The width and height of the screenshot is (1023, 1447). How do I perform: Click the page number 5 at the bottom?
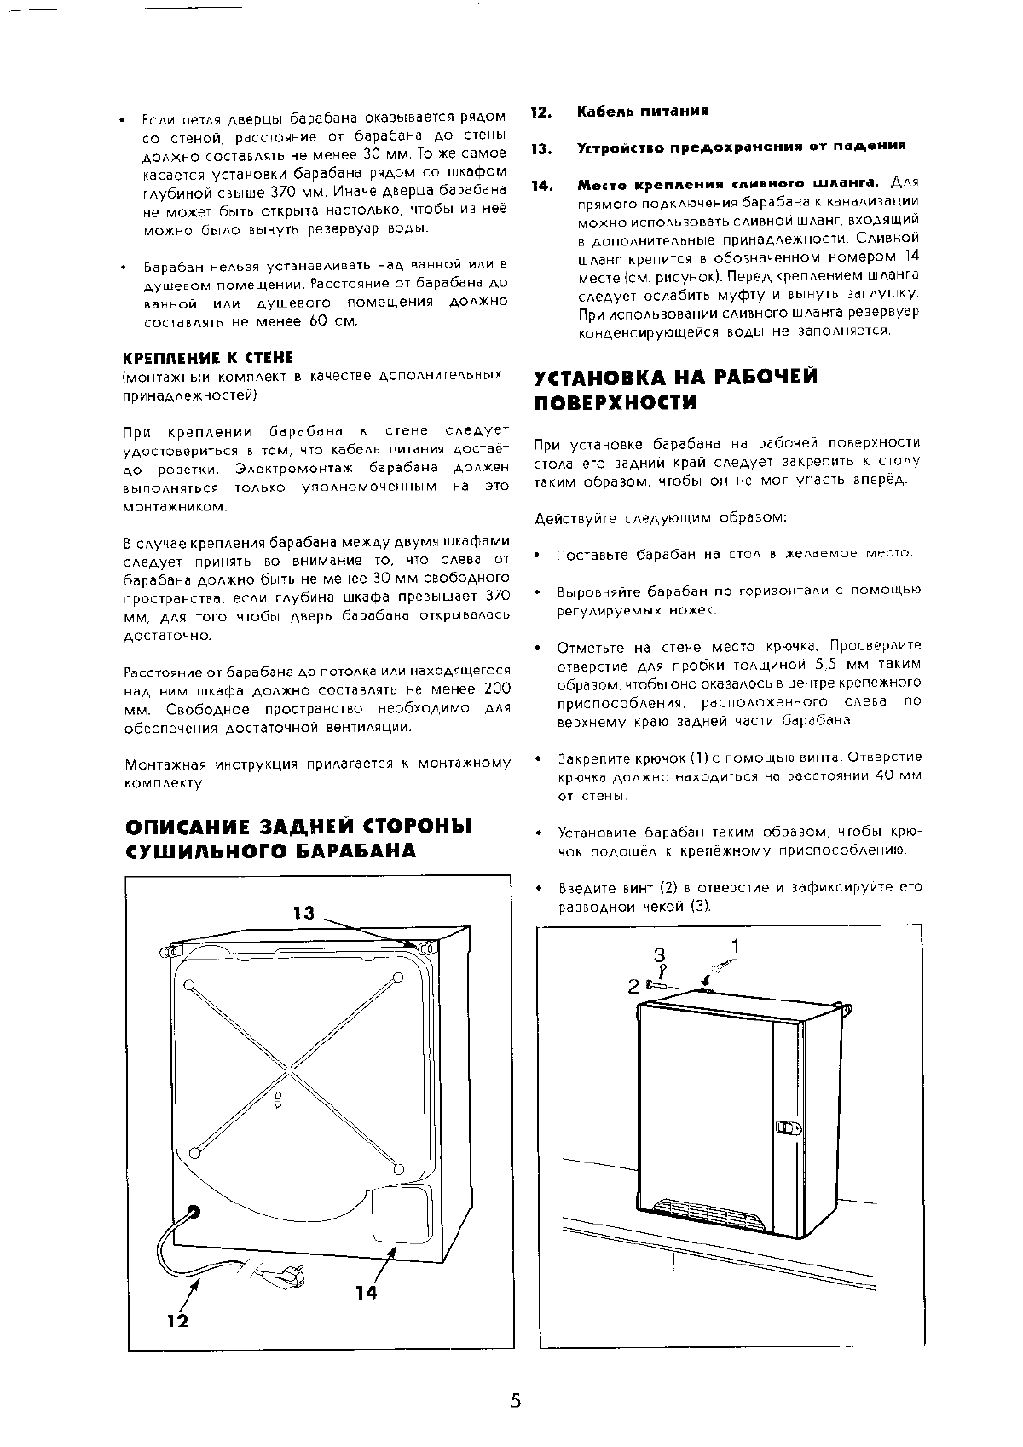(515, 1402)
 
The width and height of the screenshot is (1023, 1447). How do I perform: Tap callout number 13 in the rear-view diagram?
(303, 913)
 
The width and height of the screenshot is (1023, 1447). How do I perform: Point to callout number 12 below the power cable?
(177, 1322)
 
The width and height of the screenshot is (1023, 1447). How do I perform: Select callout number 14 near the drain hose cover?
(366, 1293)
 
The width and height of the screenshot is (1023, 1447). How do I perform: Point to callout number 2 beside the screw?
(633, 986)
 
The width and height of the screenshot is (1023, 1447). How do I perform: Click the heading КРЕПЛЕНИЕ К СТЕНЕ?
(207, 357)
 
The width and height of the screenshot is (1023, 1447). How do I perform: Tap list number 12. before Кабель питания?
(541, 112)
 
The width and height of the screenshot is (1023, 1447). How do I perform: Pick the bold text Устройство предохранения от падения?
(741, 147)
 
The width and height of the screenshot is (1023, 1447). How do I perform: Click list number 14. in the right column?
(541, 185)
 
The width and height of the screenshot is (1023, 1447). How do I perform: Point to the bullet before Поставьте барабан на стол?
(538, 555)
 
